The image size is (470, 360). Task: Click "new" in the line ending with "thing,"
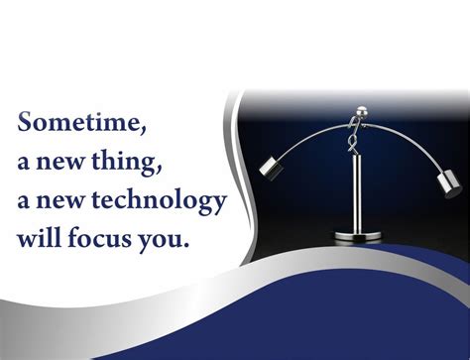click(x=63, y=163)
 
